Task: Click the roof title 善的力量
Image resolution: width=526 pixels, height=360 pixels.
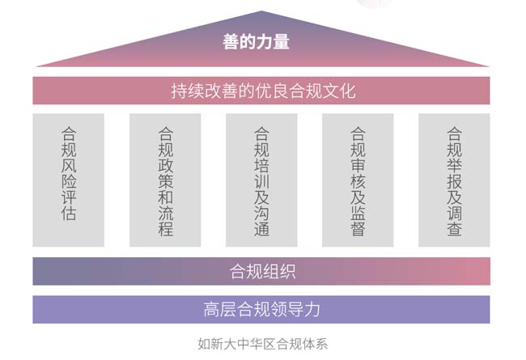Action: click(256, 42)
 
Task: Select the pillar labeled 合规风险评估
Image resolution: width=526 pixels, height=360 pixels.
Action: click(69, 180)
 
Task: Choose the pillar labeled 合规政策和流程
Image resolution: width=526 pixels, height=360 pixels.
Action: click(165, 180)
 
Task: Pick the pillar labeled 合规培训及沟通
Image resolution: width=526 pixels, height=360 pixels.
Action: click(261, 180)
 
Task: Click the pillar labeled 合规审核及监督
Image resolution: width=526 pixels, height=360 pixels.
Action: click(358, 180)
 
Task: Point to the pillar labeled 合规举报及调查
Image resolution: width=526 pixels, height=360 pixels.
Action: click(454, 180)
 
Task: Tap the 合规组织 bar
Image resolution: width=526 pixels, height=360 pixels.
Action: click(261, 271)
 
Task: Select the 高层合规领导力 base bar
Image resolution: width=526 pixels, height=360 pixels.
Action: click(261, 309)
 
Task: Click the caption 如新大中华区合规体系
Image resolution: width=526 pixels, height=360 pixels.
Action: click(263, 345)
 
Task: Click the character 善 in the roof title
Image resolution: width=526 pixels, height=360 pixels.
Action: click(231, 42)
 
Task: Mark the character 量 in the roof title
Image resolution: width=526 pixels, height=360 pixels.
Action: click(281, 42)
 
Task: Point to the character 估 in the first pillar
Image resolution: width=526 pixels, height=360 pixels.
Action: click(69, 214)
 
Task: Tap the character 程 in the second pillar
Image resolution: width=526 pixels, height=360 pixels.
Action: click(165, 229)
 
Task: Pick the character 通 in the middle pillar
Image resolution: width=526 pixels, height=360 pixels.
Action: click(261, 229)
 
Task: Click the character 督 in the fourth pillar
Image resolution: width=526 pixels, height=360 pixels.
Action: click(358, 229)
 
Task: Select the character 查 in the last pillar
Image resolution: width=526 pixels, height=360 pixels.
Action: click(454, 229)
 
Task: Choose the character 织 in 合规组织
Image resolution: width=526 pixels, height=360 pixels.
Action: click(287, 272)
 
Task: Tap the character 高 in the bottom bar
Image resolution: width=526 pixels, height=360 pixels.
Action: click(212, 309)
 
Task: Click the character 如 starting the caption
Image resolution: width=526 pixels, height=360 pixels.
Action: click(204, 345)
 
